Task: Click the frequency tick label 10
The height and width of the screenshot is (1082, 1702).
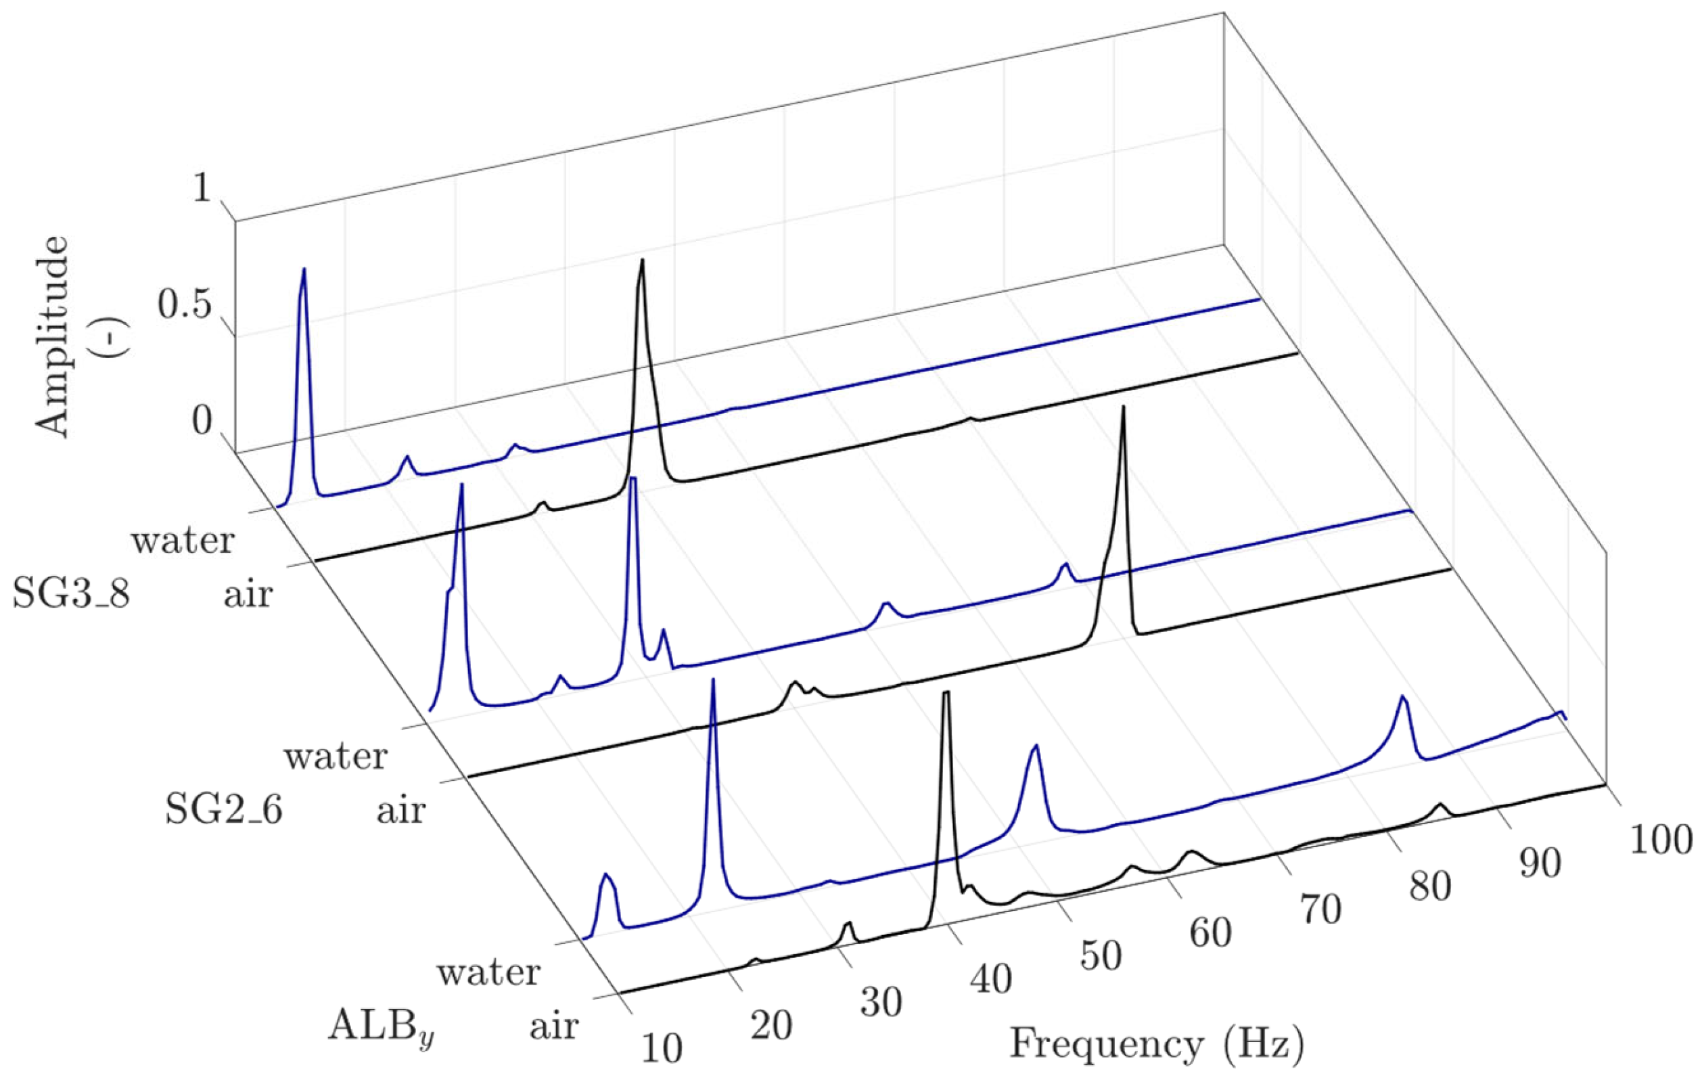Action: coord(662,1049)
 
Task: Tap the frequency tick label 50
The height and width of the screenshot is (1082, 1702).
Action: coord(1101,956)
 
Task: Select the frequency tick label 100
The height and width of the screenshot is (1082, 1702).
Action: coord(1660,841)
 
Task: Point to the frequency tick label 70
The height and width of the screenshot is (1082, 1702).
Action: coord(1320,910)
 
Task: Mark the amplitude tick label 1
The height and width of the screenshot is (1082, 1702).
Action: coord(202,189)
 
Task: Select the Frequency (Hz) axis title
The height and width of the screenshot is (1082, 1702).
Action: coord(1156,1044)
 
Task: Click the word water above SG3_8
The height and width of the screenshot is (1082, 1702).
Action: coord(183,541)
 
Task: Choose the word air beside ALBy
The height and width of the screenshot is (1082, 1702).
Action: coord(554,1025)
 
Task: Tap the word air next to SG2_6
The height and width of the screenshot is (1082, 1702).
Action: coord(400,810)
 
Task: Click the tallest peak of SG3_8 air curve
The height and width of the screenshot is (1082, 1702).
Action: coord(642,263)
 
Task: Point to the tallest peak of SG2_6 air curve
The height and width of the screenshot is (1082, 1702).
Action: coord(1122,409)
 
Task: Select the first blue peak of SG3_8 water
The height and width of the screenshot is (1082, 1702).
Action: coord(304,270)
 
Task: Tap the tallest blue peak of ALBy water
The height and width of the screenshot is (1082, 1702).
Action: coord(712,681)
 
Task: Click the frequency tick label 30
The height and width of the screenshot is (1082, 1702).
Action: coord(881,1003)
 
